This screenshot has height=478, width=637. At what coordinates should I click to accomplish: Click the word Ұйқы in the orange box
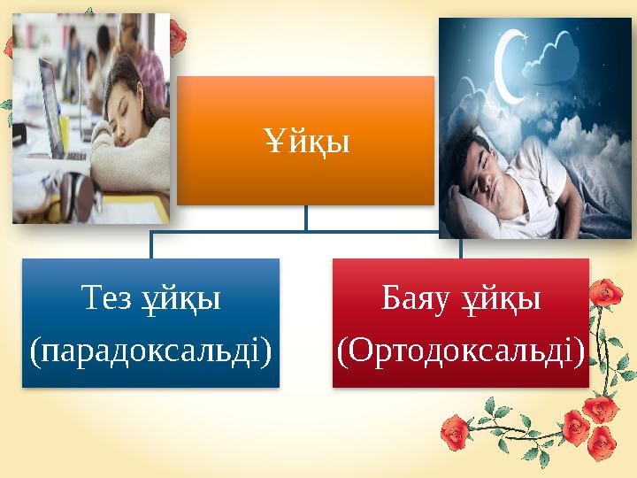tap(305, 141)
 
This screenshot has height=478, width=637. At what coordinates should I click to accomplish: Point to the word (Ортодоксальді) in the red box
tap(460, 351)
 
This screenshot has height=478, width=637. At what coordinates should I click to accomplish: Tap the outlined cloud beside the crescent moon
tap(562, 53)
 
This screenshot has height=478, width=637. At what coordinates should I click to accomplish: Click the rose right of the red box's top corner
tap(606, 293)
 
